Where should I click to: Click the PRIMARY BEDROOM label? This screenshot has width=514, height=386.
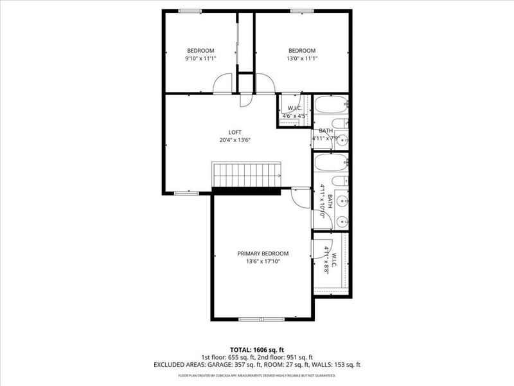(263, 253)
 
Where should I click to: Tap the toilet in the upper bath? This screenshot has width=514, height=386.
(339, 124)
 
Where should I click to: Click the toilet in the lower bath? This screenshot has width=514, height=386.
(341, 182)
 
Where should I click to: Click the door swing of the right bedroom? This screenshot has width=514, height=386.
(266, 84)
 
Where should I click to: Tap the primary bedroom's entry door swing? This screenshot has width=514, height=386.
(300, 198)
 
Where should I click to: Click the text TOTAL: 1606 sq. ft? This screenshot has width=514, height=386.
(256, 349)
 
